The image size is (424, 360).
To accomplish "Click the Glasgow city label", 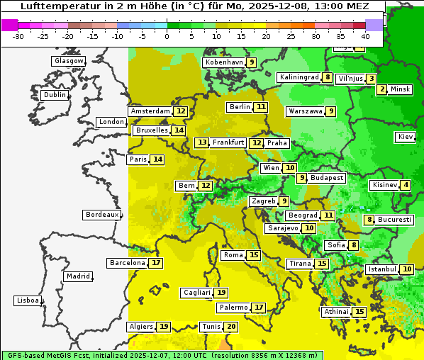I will tap(69, 61).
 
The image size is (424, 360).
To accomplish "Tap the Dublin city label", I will tap(55, 95).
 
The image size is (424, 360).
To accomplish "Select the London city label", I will tap(111, 122).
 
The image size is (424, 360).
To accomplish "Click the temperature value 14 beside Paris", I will tap(157, 159).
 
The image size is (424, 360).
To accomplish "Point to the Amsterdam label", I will tap(150, 111).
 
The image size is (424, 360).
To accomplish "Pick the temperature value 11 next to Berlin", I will tap(262, 107).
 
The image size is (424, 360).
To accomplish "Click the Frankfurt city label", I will tap(228, 142).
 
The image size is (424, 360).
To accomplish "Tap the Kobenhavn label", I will tap(224, 62).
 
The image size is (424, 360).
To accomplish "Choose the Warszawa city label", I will tap(306, 111).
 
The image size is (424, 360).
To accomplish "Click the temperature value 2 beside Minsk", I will tap(382, 89).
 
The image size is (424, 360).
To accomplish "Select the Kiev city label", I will tap(406, 136).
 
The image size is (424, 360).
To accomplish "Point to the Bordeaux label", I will tap(102, 214).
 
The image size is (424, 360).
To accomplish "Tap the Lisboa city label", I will tap(28, 300).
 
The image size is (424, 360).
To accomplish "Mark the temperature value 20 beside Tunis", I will tap(231, 327).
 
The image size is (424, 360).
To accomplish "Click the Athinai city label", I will tap(336, 312).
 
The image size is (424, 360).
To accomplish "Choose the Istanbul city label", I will tap(382, 269).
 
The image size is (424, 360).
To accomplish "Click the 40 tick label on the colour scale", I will tap(365, 35).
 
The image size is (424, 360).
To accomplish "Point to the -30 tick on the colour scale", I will tap(18, 35).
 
